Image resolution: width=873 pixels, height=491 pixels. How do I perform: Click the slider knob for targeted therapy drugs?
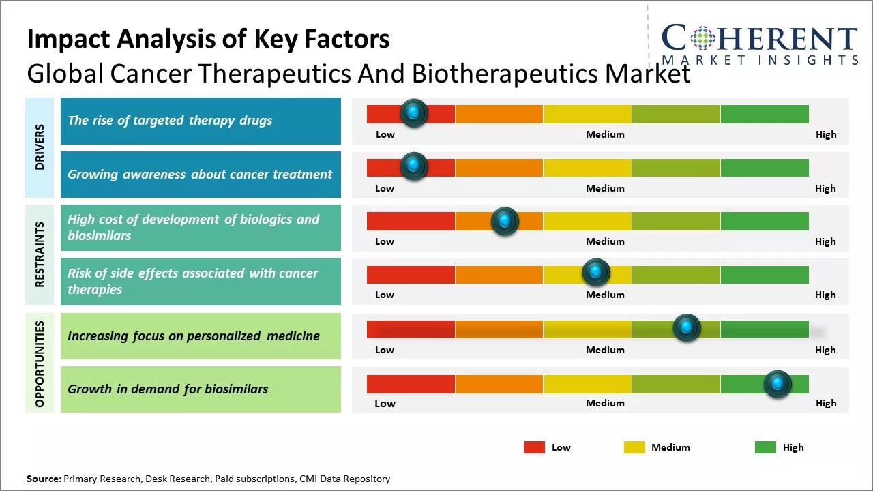pos(413,113)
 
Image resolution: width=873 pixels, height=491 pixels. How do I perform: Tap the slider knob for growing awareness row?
pos(413,166)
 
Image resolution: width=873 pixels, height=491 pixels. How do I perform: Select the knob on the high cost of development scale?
pos(505,221)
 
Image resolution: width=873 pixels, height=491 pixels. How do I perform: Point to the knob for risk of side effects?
pos(596,273)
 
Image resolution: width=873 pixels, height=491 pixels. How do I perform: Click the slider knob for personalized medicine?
pos(687,328)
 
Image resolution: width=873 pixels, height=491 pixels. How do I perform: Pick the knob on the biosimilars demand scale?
pos(778,384)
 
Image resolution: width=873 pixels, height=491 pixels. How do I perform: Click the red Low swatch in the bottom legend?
pos(534,447)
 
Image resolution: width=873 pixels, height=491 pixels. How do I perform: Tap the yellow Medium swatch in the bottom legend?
pos(634,447)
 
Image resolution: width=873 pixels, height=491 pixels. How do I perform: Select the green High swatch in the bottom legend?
pos(765,447)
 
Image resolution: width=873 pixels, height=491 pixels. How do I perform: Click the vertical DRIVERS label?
pos(40,147)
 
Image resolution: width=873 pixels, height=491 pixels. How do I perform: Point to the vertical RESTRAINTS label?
pos(40,254)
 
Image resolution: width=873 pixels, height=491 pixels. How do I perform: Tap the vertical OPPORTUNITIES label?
pos(40,364)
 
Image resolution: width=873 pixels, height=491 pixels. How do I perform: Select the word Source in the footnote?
pos(43,479)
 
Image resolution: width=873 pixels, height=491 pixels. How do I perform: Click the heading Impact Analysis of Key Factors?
pos(208,40)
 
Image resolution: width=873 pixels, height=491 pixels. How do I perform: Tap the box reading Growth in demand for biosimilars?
pos(201,389)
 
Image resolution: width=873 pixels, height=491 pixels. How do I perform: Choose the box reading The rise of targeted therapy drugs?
pos(201,121)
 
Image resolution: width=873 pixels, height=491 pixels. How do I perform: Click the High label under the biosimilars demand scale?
pos(826,403)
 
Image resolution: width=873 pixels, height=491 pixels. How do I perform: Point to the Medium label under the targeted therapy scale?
pos(605,134)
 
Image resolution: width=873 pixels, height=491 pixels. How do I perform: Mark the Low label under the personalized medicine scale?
pos(385,350)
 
